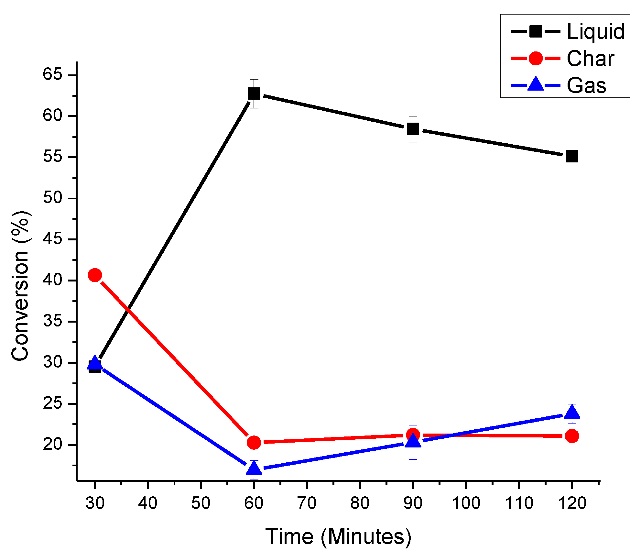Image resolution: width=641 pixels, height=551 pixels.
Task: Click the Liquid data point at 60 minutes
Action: click(x=254, y=94)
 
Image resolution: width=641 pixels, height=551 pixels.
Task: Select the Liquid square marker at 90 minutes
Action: click(x=413, y=129)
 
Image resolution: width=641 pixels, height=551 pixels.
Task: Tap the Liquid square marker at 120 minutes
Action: click(x=572, y=157)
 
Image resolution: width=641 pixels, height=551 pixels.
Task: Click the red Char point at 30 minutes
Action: click(x=95, y=275)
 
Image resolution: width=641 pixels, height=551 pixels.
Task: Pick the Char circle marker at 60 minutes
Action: click(x=254, y=442)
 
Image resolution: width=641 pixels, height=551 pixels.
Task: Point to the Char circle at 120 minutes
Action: click(x=572, y=436)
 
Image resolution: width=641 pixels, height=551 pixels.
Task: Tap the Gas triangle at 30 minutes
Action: click(x=95, y=362)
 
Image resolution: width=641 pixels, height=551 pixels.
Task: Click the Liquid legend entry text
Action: click(x=595, y=32)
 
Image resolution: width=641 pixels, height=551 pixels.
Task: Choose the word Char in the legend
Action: click(x=590, y=59)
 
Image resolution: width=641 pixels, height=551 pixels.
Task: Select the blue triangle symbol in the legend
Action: click(x=536, y=84)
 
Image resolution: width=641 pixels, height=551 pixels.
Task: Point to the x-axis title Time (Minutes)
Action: click(x=338, y=536)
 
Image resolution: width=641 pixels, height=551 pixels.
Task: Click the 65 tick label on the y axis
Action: click(x=52, y=75)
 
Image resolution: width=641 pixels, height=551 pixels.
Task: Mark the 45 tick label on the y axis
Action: click(x=52, y=239)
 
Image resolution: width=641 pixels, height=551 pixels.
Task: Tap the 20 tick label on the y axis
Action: click(x=52, y=445)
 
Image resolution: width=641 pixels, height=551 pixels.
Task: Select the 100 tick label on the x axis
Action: click(x=466, y=503)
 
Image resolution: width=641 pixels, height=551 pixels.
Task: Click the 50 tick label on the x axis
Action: click(x=201, y=503)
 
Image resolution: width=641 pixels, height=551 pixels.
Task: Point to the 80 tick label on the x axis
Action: click(x=360, y=503)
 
